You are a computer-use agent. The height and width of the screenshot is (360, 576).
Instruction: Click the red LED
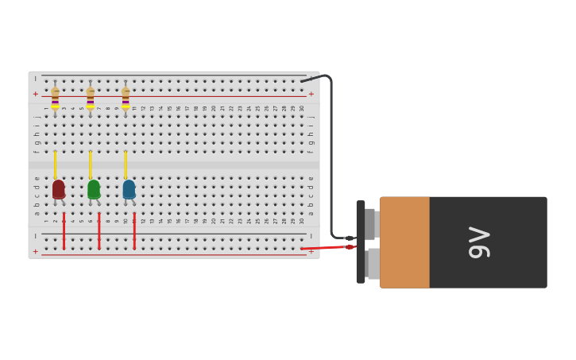[x=58, y=189]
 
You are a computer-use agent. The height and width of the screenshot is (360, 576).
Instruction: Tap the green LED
[x=94, y=189]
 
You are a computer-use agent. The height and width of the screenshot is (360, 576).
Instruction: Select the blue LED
[x=129, y=189]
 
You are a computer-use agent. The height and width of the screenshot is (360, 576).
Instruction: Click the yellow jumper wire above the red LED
[x=55, y=165]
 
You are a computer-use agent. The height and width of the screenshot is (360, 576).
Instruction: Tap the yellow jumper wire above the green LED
[x=90, y=165]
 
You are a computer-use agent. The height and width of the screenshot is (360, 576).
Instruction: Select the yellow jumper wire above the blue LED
[x=126, y=165]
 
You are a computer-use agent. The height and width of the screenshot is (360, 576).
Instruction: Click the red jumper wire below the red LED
[x=64, y=230]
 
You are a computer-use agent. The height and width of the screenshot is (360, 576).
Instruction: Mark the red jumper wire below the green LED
[x=99, y=230]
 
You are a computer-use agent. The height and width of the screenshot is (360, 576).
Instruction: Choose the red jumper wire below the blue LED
[x=134, y=230]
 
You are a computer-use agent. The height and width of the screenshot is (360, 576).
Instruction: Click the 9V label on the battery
[x=479, y=242]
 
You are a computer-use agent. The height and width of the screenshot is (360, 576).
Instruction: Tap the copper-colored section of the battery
[x=404, y=242]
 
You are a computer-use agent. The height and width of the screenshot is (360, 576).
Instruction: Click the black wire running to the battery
[x=331, y=159]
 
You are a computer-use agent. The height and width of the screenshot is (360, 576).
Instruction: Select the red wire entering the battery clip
[x=326, y=248]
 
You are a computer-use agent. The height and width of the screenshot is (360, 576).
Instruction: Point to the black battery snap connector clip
[x=361, y=242]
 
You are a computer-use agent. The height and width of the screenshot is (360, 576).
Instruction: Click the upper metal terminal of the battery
[x=370, y=223]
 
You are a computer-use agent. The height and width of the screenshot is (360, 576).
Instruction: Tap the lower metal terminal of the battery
[x=373, y=264]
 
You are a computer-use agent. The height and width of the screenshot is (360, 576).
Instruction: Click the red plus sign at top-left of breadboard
[x=35, y=94]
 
